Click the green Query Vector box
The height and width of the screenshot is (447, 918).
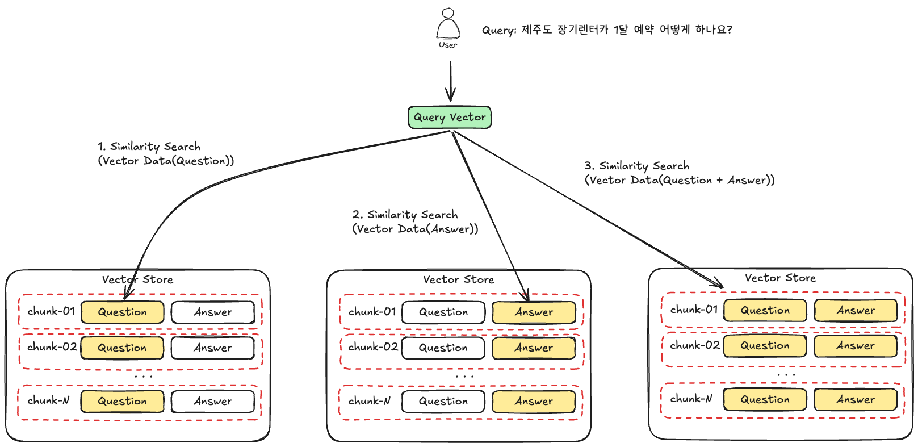pos(450,117)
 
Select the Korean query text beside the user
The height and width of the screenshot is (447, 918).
pos(627,30)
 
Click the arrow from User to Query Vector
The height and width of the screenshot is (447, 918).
pos(450,81)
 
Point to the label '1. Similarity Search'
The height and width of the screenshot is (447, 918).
pos(149,147)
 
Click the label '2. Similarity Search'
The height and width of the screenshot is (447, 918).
pos(405,215)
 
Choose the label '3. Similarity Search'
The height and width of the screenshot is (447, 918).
pos(637,166)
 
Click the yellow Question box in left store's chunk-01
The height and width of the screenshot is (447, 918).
pos(122,312)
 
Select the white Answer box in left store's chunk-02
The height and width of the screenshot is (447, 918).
pos(213,348)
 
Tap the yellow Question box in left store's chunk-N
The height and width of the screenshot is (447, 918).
pos(122,401)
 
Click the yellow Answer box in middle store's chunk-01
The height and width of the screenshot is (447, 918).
pos(534,312)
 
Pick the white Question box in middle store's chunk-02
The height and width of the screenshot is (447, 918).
pos(443,348)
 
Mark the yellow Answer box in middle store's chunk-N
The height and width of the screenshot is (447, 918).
pos(534,401)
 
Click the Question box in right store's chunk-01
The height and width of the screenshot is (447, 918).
pos(765,311)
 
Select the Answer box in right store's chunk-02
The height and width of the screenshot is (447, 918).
pos(856,346)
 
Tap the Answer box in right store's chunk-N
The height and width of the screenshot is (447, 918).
pos(856,399)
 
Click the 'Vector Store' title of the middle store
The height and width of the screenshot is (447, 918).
pos(459,279)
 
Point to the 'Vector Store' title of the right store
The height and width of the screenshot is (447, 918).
pos(780,278)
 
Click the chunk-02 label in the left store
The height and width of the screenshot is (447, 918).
pos(52,347)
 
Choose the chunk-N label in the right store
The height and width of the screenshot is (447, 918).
pos(691,399)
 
